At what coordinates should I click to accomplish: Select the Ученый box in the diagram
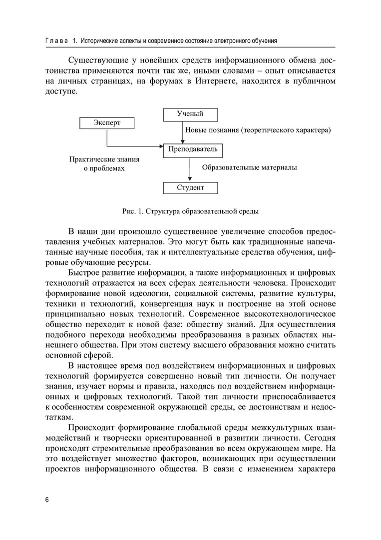[x=190, y=114]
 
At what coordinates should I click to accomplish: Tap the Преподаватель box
[x=193, y=149]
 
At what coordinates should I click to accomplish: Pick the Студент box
[x=190, y=188]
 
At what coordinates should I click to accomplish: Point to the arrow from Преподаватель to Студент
[x=190, y=168]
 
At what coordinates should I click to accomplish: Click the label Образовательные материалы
[x=249, y=168]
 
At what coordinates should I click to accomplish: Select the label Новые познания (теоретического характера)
[x=259, y=130]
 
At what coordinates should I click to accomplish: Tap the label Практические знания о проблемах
[x=104, y=164]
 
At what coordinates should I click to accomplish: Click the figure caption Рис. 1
[x=190, y=211]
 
